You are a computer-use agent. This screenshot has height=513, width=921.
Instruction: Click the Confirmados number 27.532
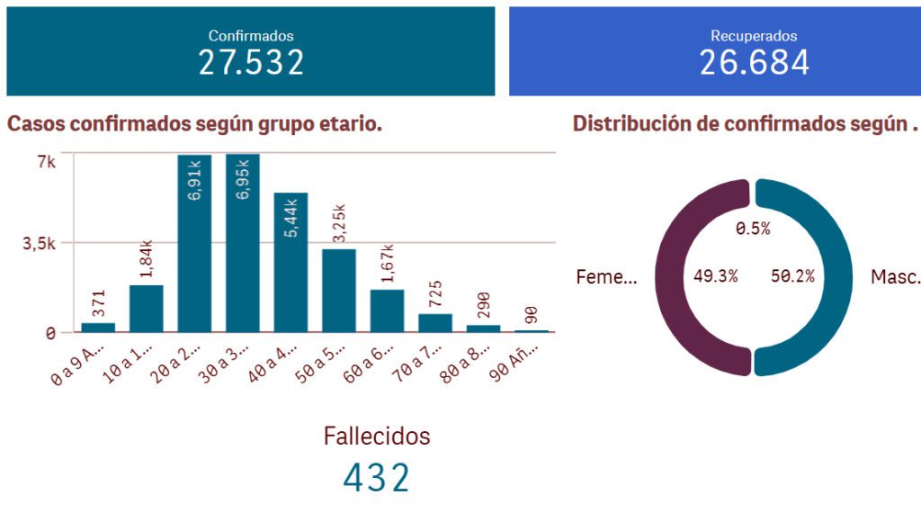pos(251,62)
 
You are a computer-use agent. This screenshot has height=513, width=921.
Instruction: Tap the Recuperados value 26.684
pos(754,62)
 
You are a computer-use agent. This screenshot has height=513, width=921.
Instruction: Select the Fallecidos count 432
pos(376,478)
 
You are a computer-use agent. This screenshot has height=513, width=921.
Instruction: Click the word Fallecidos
pos(377,436)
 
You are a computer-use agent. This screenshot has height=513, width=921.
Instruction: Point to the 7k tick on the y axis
pos(47,162)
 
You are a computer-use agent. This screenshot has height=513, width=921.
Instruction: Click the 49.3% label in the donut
pos(716,276)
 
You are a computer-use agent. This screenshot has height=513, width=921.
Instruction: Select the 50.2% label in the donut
pos(793,276)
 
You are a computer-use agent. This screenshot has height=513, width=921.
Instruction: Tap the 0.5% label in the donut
pos(753,229)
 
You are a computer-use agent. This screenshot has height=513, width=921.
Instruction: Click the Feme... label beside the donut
pos(606,276)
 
